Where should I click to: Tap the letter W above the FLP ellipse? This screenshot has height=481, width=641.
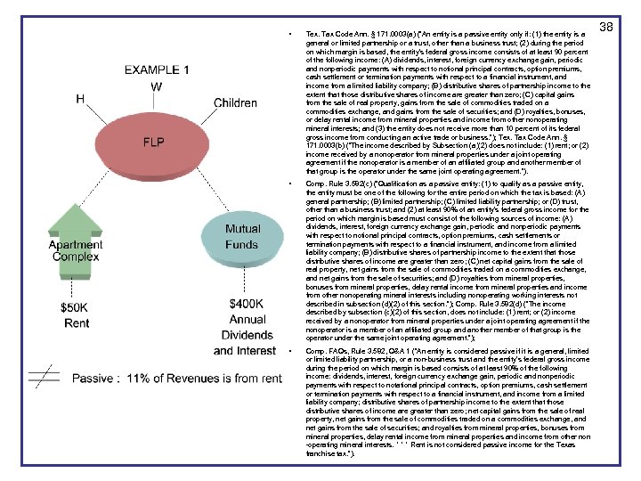(x=156, y=87)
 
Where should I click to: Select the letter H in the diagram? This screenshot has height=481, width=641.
(x=81, y=98)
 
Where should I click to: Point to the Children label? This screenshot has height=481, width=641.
(x=236, y=103)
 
